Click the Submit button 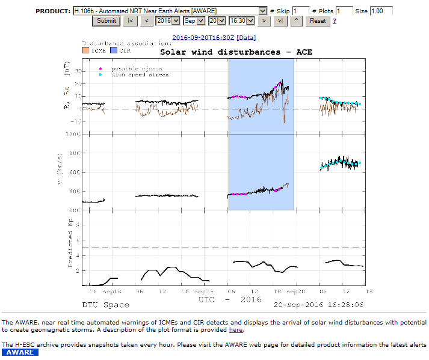tap(106, 20)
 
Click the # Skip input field tap(301, 11)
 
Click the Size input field tap(381, 11)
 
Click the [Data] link tap(247, 37)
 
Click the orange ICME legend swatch tap(85, 51)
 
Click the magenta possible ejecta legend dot tap(100, 69)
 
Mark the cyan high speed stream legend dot tap(100, 75)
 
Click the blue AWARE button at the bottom tap(20, 353)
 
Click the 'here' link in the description tap(236, 329)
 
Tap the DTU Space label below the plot tap(106, 305)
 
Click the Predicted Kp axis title tap(70, 243)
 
